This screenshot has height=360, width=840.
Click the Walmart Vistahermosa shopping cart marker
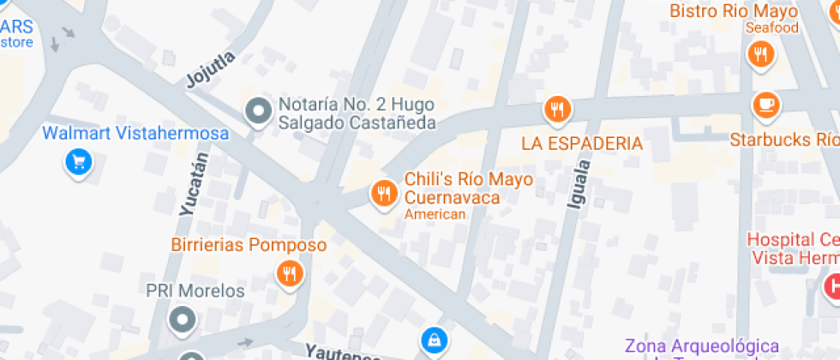coord(79,161)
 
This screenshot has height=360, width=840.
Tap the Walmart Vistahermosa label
coord(135,134)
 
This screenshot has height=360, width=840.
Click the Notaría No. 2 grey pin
coord(256,111)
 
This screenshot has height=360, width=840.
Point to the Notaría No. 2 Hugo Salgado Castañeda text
coord(357,114)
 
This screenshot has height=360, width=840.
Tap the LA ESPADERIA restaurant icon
coord(557,109)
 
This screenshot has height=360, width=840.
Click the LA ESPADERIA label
coord(582,143)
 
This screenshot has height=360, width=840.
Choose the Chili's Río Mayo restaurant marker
coord(383,194)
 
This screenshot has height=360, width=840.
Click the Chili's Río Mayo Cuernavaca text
coord(468,189)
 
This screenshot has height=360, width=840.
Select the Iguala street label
coord(579,183)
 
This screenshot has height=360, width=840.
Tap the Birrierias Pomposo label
coord(249,245)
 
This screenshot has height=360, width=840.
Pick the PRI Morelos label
coord(195,291)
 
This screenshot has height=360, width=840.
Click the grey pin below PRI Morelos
coord(181,320)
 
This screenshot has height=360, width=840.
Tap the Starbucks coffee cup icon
coord(765,105)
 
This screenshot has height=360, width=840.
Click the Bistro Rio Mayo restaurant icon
coord(759,54)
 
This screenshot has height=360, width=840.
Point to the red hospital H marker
coord(831,285)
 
